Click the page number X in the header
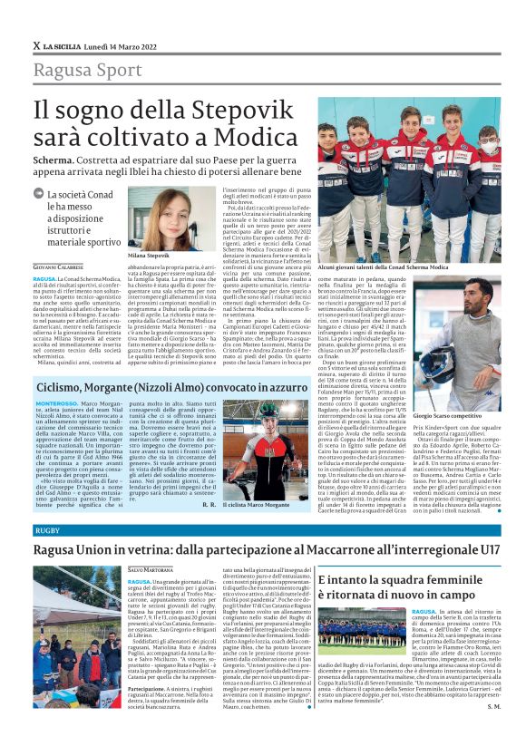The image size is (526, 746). [x=36, y=45]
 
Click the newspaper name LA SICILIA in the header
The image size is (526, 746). [x=64, y=45]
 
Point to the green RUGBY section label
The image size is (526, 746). [x=46, y=529]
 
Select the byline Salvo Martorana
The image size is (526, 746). [x=150, y=570]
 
